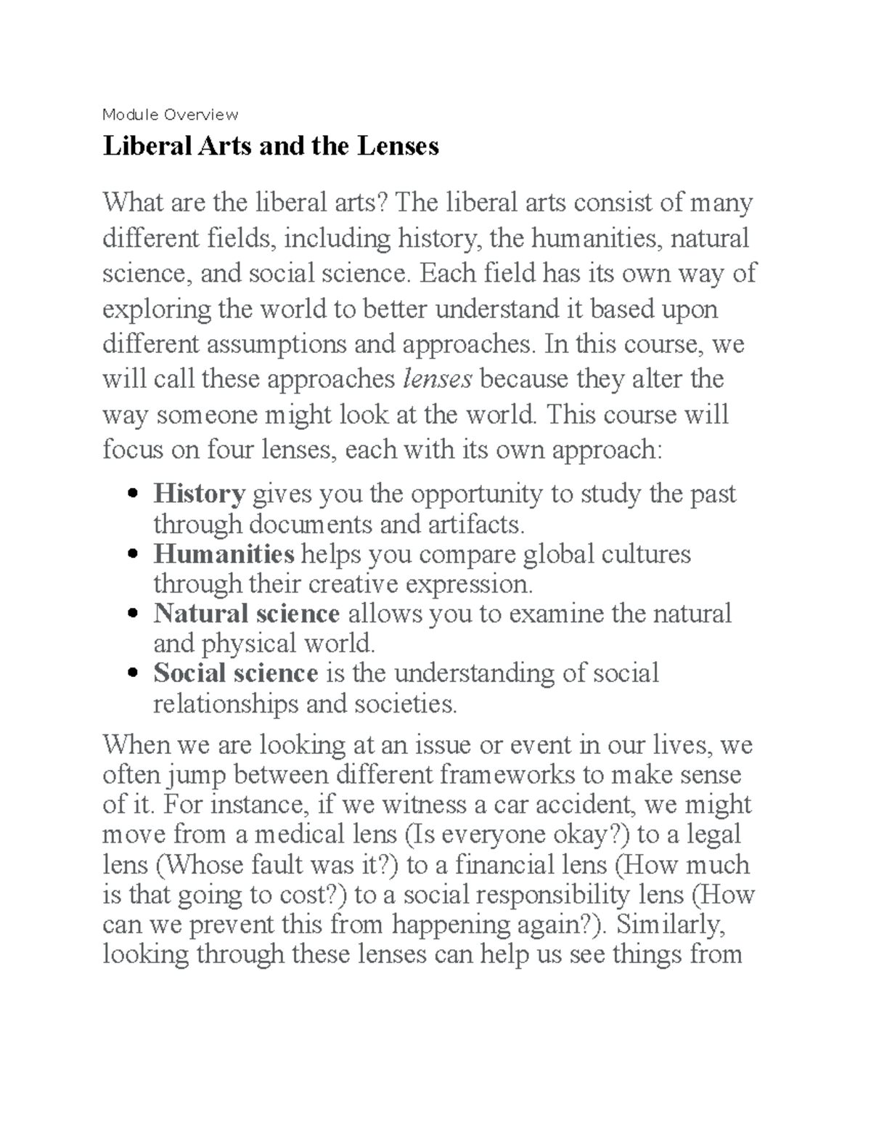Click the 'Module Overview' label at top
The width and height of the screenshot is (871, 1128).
[x=170, y=115]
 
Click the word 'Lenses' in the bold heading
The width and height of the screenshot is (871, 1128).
[x=397, y=146]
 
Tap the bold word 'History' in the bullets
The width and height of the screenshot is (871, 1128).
[x=199, y=494]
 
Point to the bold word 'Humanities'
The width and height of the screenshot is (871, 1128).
[x=224, y=554]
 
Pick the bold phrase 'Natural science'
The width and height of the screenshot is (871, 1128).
[x=246, y=614]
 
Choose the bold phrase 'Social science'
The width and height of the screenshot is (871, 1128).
[x=235, y=673]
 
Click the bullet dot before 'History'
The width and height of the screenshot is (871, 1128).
[x=132, y=495]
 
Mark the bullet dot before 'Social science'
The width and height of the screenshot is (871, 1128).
[x=132, y=675]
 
